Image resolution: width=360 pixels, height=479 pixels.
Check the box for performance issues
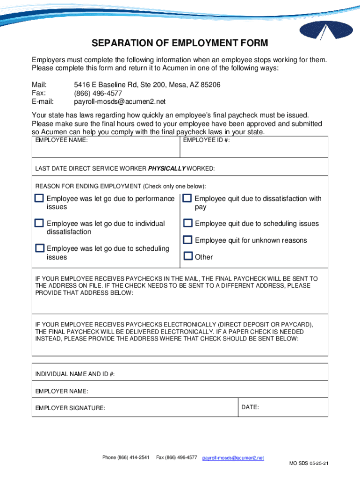[x=39, y=198]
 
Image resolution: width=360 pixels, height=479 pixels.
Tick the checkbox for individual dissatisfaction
[x=39, y=223]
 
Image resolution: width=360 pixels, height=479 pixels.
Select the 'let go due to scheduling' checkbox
[x=40, y=248]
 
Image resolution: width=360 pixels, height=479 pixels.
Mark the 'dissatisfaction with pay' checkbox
[x=187, y=198]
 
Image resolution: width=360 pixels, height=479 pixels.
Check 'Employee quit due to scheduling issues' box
[x=187, y=223]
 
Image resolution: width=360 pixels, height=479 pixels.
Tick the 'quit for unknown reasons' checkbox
[x=187, y=240]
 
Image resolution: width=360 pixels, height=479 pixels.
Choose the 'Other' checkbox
[x=188, y=256]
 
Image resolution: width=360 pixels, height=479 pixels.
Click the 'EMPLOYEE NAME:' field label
[x=61, y=140]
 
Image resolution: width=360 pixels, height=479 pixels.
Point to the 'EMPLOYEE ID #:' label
[x=206, y=140]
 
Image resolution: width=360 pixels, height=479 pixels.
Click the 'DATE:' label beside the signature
[x=250, y=407]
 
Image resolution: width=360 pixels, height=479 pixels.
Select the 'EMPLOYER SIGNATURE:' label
[x=70, y=408]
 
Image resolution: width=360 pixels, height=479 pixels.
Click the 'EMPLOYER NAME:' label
[x=62, y=391]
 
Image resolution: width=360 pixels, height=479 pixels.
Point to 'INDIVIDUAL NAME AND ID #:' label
[x=75, y=374]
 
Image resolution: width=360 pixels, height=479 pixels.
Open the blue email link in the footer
[x=233, y=458]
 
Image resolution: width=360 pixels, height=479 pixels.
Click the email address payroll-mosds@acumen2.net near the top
[x=120, y=102]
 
